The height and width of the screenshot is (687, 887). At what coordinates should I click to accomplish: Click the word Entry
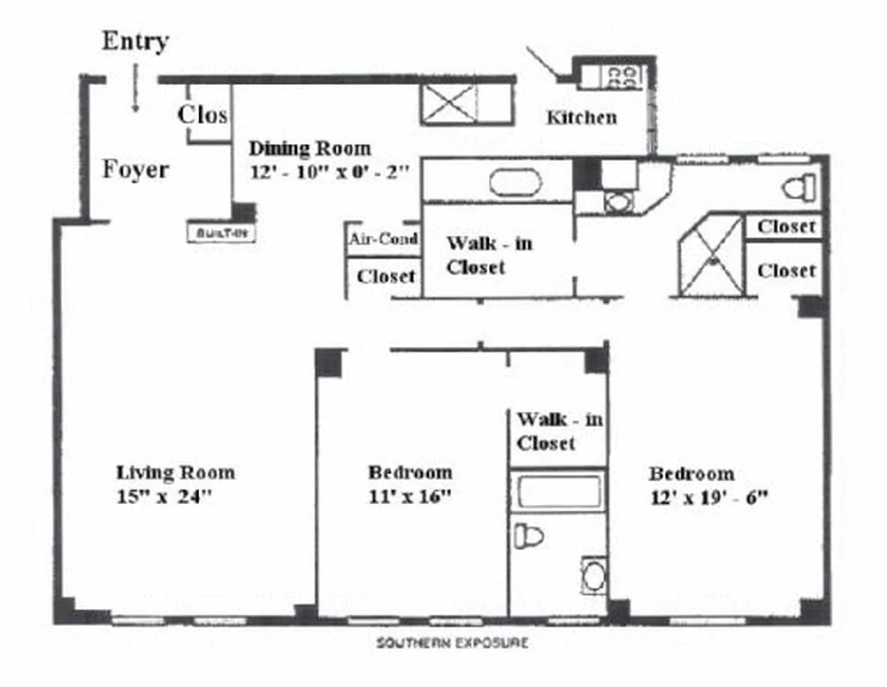click(x=135, y=41)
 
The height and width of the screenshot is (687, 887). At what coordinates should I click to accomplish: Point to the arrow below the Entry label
click(x=135, y=92)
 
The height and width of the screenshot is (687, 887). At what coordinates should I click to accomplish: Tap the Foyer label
click(x=136, y=169)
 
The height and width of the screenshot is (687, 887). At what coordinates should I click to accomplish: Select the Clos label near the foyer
click(x=202, y=114)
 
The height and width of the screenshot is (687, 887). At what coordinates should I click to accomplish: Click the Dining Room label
click(x=310, y=148)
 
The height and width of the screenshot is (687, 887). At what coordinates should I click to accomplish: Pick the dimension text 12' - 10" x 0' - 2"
click(x=329, y=171)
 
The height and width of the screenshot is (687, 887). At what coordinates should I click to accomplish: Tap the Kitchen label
click(x=581, y=118)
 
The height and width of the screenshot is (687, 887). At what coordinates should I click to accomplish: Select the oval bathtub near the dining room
click(x=515, y=183)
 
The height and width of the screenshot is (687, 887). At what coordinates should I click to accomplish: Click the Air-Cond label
click(x=383, y=240)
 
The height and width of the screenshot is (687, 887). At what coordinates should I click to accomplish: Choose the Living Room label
click(x=175, y=472)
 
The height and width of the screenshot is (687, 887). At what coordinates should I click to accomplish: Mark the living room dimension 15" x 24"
click(x=164, y=496)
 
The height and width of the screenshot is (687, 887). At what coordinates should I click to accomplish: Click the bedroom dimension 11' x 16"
click(x=409, y=496)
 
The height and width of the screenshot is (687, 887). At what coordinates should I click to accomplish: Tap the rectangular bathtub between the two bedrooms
click(x=559, y=493)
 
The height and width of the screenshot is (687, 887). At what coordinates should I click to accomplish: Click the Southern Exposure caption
click(x=452, y=642)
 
